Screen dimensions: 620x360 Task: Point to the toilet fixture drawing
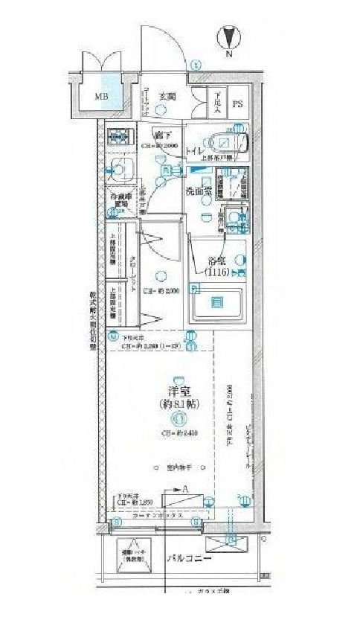click(224, 141)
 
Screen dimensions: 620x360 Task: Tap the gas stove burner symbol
click(118, 138)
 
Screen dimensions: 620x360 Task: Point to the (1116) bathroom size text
click(218, 274)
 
